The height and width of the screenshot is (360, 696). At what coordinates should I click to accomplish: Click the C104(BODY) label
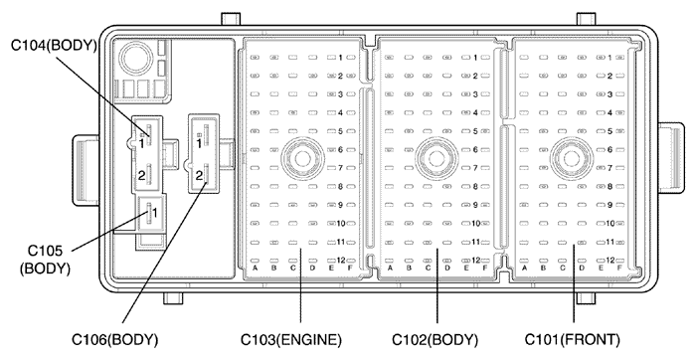[x=54, y=46]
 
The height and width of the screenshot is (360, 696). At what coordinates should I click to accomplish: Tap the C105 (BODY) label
[x=46, y=260]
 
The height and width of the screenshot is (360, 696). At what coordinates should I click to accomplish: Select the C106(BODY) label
[x=115, y=340]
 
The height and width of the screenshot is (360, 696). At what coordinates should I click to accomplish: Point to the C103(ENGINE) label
[x=291, y=340]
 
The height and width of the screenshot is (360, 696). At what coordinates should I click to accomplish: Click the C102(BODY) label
[x=435, y=340]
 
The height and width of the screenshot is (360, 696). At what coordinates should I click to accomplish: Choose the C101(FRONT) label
[x=572, y=340]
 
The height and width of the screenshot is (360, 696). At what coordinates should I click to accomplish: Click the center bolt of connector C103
[x=302, y=158]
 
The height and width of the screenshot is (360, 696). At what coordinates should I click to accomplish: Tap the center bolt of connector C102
[x=436, y=158]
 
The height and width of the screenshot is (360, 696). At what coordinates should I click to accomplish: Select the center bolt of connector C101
[x=572, y=158]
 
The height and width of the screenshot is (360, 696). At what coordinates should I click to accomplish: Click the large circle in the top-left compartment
[x=132, y=58]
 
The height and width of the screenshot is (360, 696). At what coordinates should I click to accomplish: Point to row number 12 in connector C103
[x=341, y=261]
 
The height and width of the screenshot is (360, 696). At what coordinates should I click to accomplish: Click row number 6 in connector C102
[x=475, y=149]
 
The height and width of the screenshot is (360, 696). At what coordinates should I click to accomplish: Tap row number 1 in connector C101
[x=609, y=58]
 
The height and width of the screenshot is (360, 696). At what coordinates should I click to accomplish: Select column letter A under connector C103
[x=256, y=268]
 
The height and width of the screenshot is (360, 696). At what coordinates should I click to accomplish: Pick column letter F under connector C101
[x=619, y=268]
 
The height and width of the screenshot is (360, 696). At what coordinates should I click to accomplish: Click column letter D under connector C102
[x=447, y=268]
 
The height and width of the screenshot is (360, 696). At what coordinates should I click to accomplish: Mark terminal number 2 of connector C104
[x=141, y=176]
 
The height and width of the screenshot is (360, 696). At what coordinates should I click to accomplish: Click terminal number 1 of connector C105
[x=155, y=213]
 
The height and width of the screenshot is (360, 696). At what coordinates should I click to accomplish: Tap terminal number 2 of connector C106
[x=199, y=175]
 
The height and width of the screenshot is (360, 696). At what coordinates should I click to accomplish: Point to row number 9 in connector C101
[x=609, y=205]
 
